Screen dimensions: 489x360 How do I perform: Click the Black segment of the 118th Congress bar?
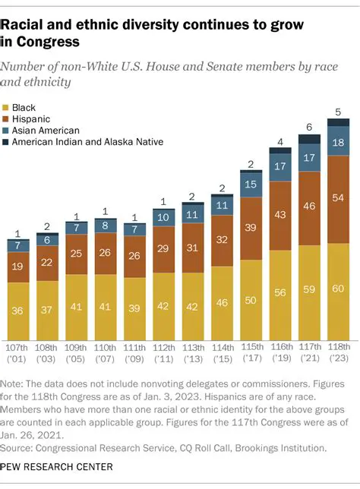pyautogui.click(x=338, y=289)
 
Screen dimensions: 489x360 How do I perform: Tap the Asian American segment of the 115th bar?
pyautogui.click(x=251, y=185)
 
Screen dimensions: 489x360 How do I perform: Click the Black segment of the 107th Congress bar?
pyautogui.click(x=18, y=309)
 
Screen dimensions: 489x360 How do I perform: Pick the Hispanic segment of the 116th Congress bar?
pyautogui.click(x=280, y=216)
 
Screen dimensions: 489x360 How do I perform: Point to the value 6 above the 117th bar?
pyautogui.click(x=309, y=128)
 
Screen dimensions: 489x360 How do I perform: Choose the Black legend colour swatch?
pyautogui.click(x=8, y=109)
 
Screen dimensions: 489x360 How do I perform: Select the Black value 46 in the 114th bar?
pyautogui.click(x=222, y=301)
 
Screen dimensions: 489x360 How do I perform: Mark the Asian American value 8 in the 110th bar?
pyautogui.click(x=106, y=226)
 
